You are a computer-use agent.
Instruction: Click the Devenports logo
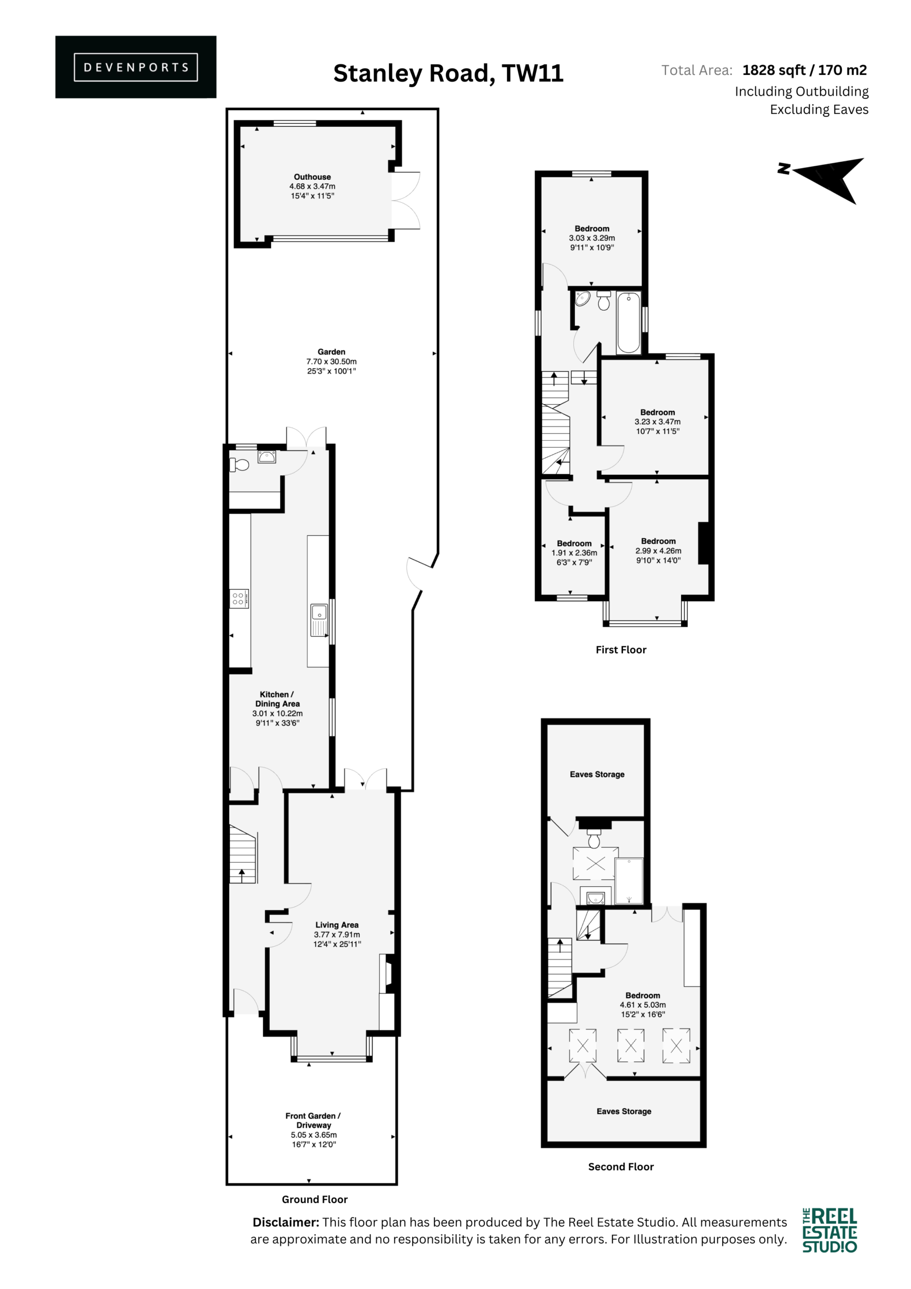click(136, 67)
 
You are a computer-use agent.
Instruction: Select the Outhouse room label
click(313, 177)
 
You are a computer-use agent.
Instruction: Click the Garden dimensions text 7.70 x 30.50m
click(331, 362)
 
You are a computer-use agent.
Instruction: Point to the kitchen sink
click(319, 620)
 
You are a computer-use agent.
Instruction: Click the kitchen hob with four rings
click(238, 599)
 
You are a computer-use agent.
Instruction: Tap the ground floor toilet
click(239, 465)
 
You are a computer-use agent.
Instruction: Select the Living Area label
click(337, 924)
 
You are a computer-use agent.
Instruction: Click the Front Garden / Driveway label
click(313, 1120)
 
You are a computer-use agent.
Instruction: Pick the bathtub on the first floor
click(629, 323)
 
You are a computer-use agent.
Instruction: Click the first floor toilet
click(604, 301)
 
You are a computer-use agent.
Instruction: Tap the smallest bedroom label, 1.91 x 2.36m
click(574, 552)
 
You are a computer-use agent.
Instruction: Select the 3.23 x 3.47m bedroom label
click(658, 421)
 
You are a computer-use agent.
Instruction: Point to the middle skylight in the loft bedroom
click(631, 1045)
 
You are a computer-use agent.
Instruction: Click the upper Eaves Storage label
click(597, 774)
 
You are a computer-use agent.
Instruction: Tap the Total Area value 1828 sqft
click(774, 70)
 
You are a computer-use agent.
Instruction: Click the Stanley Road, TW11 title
click(448, 73)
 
